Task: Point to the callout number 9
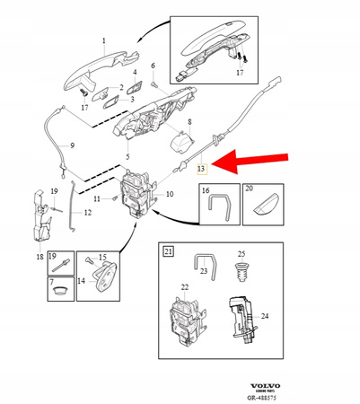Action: coord(73,146)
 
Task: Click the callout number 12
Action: coord(87,213)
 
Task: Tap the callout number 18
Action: coord(40,257)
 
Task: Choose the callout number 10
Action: coord(171,195)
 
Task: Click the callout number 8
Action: coord(189,121)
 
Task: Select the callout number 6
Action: coord(153,66)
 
